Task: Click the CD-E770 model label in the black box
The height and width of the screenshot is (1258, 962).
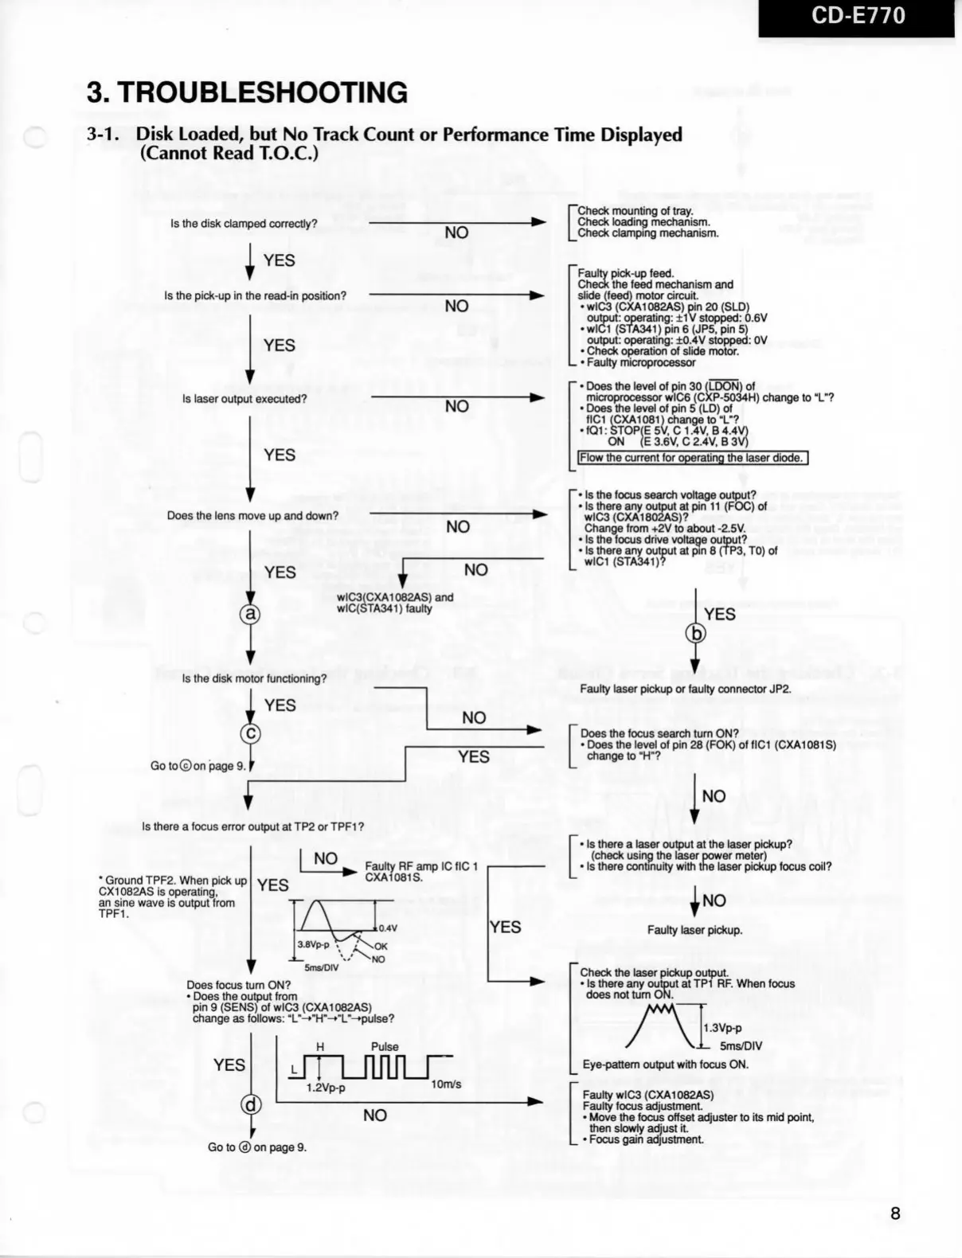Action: point(858,17)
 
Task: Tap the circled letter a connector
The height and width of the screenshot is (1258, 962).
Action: point(250,614)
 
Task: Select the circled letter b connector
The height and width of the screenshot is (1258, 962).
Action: point(695,634)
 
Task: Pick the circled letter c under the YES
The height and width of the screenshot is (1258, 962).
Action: point(250,733)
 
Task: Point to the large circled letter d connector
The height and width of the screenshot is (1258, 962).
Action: point(251,1104)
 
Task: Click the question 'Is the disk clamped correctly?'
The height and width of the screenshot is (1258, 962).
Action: point(244,224)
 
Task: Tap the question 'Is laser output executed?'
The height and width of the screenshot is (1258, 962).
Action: point(244,399)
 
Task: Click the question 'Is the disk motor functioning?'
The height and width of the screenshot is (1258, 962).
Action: point(254,678)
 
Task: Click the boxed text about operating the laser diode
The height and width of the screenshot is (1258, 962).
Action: point(692,458)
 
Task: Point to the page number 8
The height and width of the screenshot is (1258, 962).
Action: point(895,1213)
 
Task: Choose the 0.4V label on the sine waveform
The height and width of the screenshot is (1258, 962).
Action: point(388,928)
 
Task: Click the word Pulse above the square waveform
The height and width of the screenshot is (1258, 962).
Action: point(385,1047)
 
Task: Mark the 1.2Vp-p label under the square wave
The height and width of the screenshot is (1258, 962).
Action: point(326,1088)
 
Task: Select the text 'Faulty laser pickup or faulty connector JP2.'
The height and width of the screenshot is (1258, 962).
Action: point(686,689)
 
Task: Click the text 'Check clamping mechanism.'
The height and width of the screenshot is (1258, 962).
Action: point(648,233)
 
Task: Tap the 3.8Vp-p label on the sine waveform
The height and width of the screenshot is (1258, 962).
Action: point(313,944)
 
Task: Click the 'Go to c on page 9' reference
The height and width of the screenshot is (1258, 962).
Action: point(197,766)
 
